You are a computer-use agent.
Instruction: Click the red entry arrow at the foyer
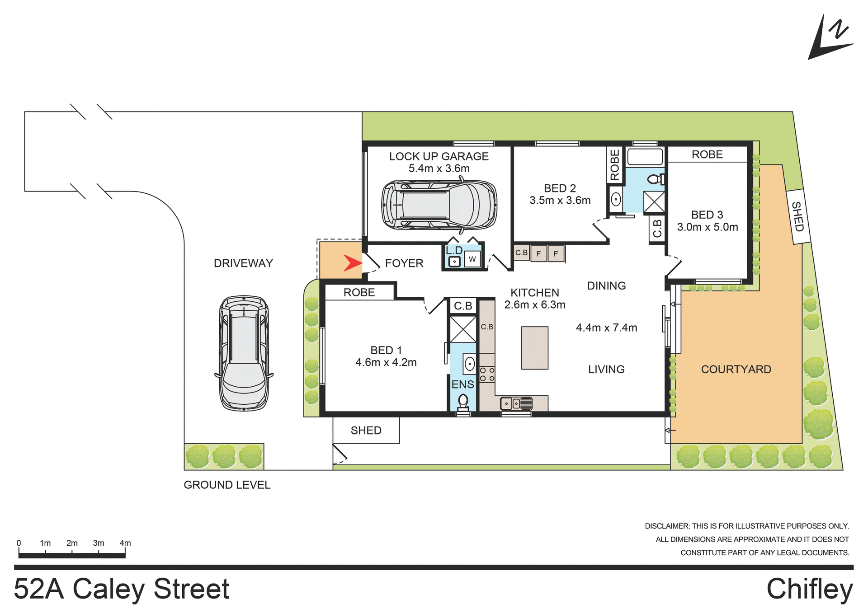pyautogui.click(x=352, y=263)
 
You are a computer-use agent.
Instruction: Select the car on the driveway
pyautogui.click(x=244, y=353)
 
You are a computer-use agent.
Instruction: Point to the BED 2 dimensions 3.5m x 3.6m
pyautogui.click(x=560, y=201)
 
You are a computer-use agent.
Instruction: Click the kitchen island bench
pyautogui.click(x=534, y=348)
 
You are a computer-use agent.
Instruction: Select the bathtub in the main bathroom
pyautogui.click(x=645, y=157)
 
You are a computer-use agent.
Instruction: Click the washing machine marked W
pyautogui.click(x=472, y=259)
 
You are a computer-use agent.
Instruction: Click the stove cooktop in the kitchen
pyautogui.click(x=487, y=374)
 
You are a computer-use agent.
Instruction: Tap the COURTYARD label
pyautogui.click(x=736, y=370)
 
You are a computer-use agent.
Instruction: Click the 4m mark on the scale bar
pyautogui.click(x=125, y=543)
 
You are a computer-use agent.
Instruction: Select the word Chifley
pyautogui.click(x=809, y=589)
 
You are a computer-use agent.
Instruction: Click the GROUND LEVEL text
pyautogui.click(x=226, y=485)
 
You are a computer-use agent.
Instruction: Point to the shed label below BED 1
pyautogui.click(x=366, y=431)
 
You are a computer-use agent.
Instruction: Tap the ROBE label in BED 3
pyautogui.click(x=707, y=154)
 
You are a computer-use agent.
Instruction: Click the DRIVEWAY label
pyautogui.click(x=243, y=263)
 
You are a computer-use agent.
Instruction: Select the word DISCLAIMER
pyautogui.click(x=667, y=526)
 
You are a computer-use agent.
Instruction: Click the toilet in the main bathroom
pyautogui.click(x=655, y=179)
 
